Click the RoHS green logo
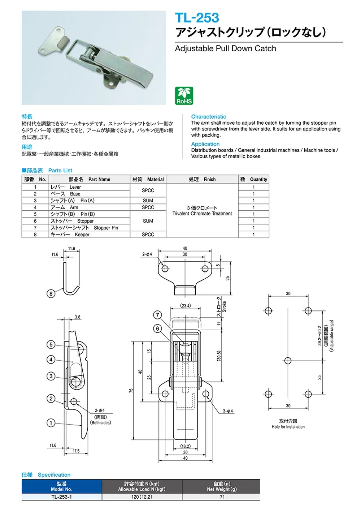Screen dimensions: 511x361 pyautogui.click(x=184, y=96)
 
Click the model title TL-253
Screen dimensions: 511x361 pyautogui.click(x=197, y=18)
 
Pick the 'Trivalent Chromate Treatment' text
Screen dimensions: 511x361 pyautogui.click(x=202, y=214)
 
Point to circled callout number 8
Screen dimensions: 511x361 pyautogui.click(x=51, y=293)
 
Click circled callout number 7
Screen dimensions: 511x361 pyautogui.click(x=157, y=315)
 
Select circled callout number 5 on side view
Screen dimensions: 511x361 pyautogui.click(x=51, y=344)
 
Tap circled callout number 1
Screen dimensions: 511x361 pyautogui.click(x=51, y=423)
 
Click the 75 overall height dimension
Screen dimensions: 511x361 pyautogui.click(x=131, y=391)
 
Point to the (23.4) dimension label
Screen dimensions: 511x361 pyautogui.click(x=186, y=306)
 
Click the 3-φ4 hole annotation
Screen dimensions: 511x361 pyautogui.click(x=228, y=411)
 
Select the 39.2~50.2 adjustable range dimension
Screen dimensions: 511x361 pyautogui.click(x=319, y=336)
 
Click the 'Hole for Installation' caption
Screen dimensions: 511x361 pyautogui.click(x=288, y=427)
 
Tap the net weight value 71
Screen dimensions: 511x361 pyautogui.click(x=222, y=497)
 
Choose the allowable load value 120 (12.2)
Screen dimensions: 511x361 pyautogui.click(x=142, y=497)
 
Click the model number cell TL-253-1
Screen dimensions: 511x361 pyautogui.click(x=61, y=497)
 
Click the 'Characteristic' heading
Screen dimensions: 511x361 pyautogui.click(x=209, y=117)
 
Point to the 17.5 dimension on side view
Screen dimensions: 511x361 pyautogui.click(x=76, y=451)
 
